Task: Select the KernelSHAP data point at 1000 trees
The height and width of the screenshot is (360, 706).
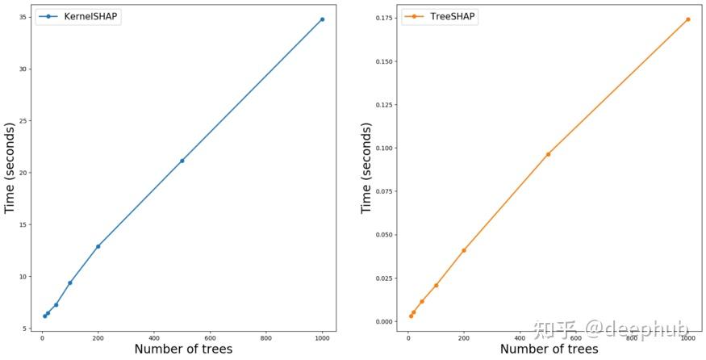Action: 322,19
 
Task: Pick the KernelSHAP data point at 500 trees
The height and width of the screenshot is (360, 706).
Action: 182,161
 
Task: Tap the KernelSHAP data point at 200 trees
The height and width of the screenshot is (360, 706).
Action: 98,246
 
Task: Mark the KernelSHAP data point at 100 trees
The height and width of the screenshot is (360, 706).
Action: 70,283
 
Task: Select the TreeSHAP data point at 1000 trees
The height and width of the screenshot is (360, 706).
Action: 688,19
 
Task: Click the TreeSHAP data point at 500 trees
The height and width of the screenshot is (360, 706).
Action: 548,154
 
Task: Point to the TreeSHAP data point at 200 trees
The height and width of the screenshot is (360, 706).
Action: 464,250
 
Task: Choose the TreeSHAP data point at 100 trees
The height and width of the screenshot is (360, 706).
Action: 436,285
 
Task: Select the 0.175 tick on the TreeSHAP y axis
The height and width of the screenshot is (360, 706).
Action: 384,17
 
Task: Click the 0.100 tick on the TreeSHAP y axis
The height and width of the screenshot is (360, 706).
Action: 384,148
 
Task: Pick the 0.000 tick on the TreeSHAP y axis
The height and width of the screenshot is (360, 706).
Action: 384,321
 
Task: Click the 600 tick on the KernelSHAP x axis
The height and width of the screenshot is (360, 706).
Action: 210,337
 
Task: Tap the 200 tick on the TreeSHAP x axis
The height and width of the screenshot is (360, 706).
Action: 464,337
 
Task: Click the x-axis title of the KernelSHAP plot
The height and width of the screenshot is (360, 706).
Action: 183,350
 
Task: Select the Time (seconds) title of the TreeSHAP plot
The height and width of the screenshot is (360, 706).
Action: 366,168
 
